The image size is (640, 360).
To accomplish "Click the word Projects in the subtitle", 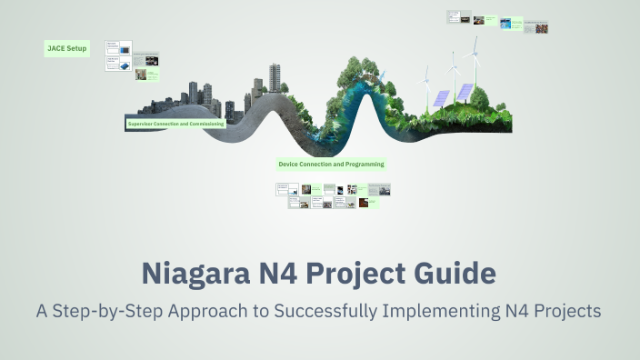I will point(566,311).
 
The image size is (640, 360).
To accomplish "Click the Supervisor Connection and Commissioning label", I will point(175,123).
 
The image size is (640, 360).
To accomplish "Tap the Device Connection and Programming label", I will point(331,165).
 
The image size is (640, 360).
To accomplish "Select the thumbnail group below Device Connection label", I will point(334,195).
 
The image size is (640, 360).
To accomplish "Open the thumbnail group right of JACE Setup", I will point(133,60).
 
